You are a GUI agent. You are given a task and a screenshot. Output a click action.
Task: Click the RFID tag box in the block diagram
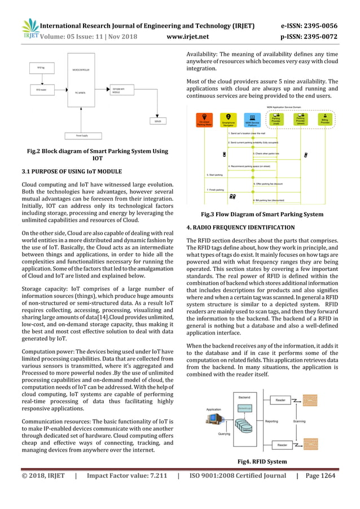coord(41,68)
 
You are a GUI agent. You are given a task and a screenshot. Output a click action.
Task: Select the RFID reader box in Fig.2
coord(41,89)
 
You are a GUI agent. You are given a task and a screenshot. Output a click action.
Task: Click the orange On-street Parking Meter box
coord(204,120)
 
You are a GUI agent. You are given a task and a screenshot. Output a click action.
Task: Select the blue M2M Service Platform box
coord(253,120)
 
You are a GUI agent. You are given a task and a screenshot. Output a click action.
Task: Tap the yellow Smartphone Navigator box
coord(228,120)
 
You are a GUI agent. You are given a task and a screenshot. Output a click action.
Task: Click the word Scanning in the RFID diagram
coord(299,421)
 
